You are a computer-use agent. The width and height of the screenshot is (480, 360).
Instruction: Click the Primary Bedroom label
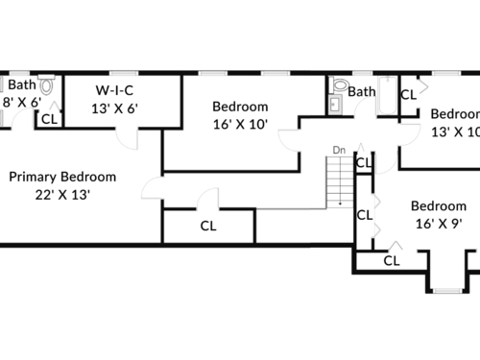(62, 177)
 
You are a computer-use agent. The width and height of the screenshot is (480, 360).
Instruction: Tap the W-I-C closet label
(114, 90)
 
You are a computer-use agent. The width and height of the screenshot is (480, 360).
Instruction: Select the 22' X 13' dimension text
(62, 195)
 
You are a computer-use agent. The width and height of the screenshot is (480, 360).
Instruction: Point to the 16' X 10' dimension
(240, 124)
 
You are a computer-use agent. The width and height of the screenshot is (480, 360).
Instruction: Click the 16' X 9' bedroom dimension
(439, 224)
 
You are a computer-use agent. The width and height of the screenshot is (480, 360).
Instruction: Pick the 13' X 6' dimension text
(114, 108)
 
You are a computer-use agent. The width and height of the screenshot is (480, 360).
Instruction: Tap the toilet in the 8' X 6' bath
(47, 84)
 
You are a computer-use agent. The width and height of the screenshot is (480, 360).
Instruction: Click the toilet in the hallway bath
(339, 84)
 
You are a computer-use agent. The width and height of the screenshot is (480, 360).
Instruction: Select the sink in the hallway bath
(335, 105)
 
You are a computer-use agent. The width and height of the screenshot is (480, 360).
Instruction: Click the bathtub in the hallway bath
(388, 95)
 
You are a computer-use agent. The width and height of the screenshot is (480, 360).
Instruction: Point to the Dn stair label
(339, 150)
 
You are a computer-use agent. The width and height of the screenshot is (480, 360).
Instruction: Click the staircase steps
(340, 182)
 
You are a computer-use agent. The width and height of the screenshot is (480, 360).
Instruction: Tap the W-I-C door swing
(127, 138)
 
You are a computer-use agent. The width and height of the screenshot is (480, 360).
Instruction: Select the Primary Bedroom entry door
(153, 188)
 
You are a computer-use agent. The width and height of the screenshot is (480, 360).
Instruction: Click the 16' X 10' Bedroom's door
(290, 140)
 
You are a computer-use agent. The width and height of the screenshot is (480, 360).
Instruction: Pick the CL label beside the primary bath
(49, 119)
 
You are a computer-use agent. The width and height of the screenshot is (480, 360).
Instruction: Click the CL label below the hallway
(208, 226)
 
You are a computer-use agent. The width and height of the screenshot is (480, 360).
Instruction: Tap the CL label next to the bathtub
(409, 95)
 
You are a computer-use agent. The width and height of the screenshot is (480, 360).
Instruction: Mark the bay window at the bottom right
(447, 291)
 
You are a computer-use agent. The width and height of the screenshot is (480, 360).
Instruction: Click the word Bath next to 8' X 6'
(22, 84)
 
